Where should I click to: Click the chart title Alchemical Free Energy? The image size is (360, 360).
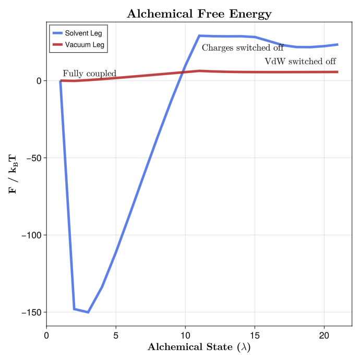click(199, 14)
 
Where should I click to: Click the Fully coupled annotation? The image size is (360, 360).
click(89, 74)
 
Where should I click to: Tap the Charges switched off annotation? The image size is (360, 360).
click(243, 47)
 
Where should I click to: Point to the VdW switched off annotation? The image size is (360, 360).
click(301, 61)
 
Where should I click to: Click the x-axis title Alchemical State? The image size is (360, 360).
click(199, 347)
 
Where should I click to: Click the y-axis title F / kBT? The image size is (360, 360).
click(13, 173)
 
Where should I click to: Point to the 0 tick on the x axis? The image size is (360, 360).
click(47, 336)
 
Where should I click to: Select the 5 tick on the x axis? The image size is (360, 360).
click(116, 336)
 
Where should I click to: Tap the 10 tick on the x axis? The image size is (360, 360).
click(185, 336)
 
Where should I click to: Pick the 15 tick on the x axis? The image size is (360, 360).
click(255, 336)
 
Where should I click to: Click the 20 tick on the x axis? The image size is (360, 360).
click(324, 336)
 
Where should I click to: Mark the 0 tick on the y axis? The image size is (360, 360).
click(38, 81)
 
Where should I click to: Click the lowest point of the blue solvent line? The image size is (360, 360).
click(88, 312)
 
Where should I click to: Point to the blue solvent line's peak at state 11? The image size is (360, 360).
click(199, 36)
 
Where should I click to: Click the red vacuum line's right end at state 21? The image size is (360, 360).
click(338, 72)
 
